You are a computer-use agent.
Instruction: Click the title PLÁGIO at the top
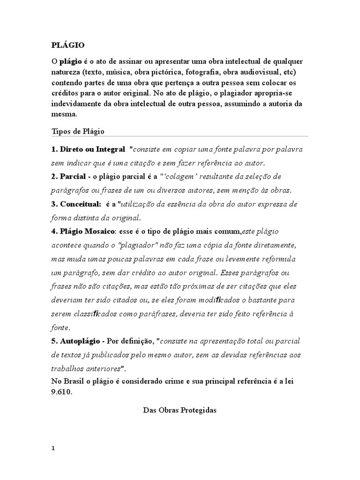click(67, 45)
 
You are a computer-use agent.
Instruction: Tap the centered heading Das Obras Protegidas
click(180, 410)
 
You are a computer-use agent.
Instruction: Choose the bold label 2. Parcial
click(67, 177)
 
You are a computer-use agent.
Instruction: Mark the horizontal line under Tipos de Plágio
click(180, 136)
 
